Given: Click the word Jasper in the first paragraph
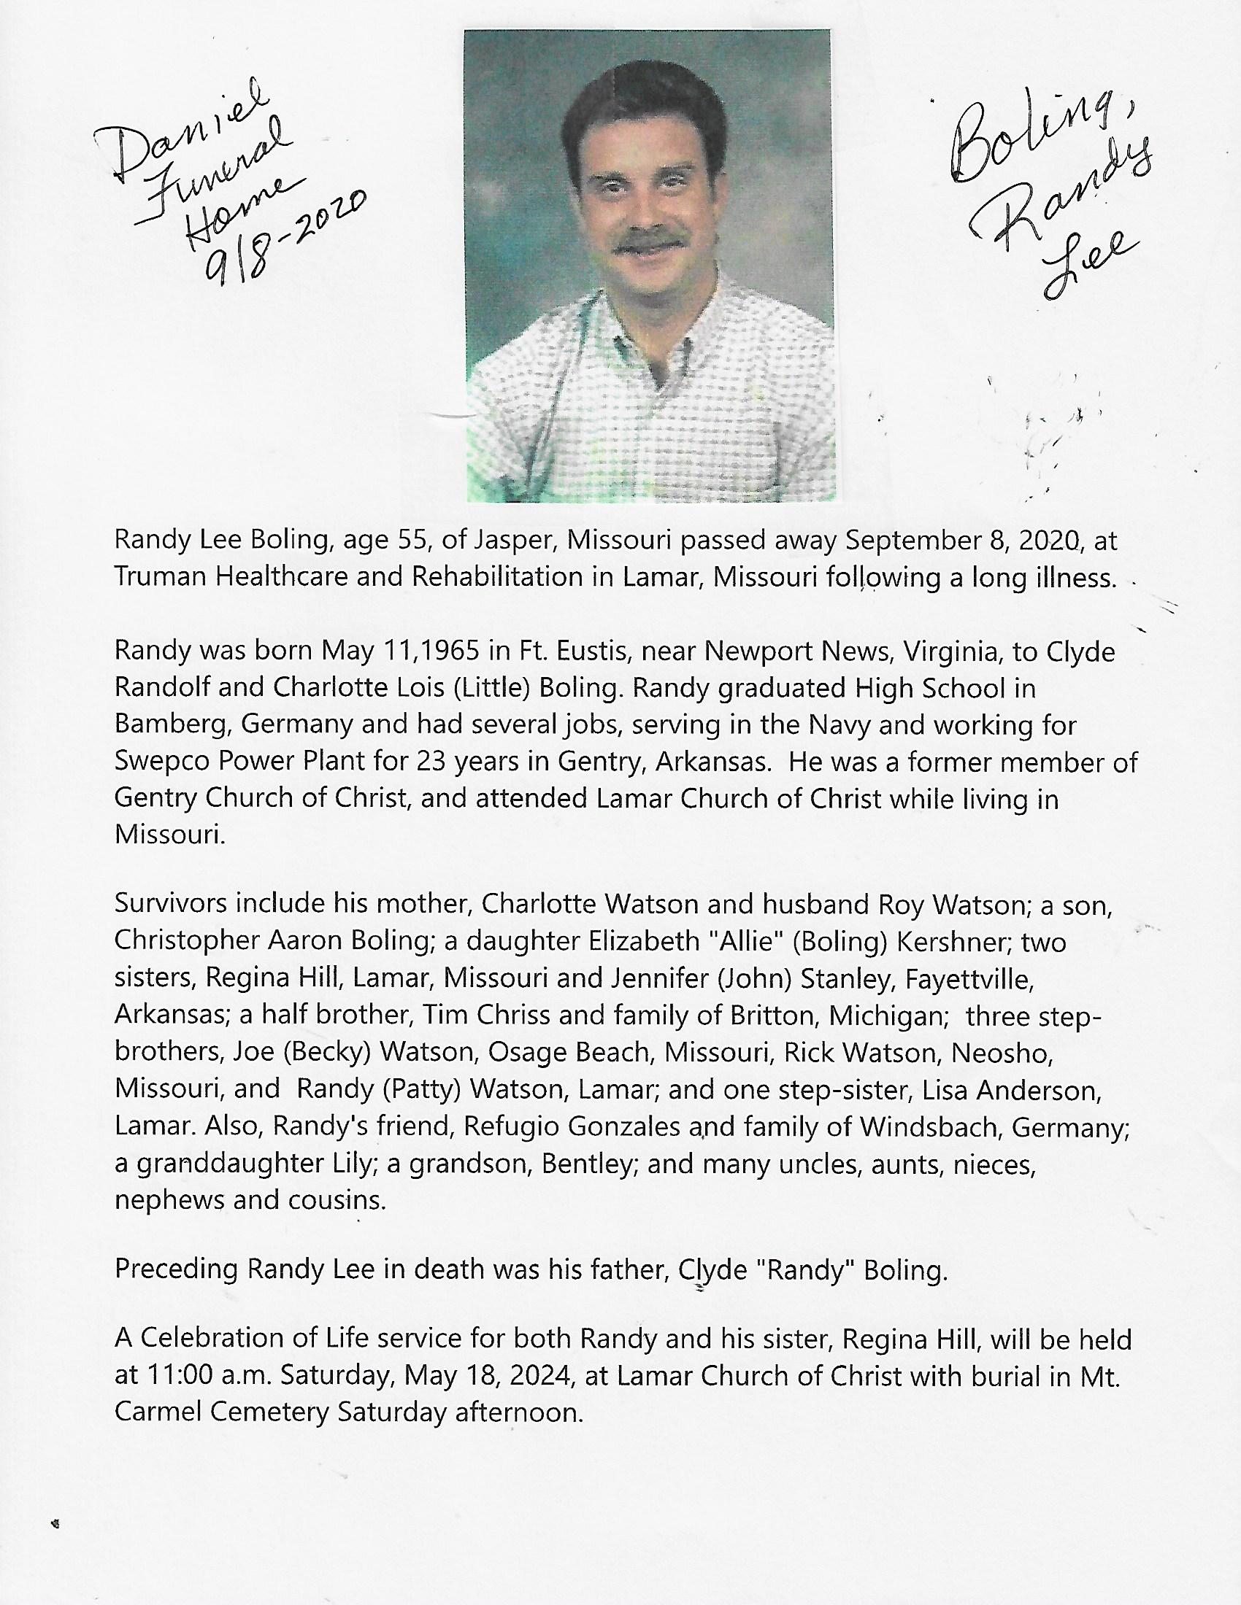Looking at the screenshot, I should (512, 541).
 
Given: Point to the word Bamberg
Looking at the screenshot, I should (174, 725).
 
